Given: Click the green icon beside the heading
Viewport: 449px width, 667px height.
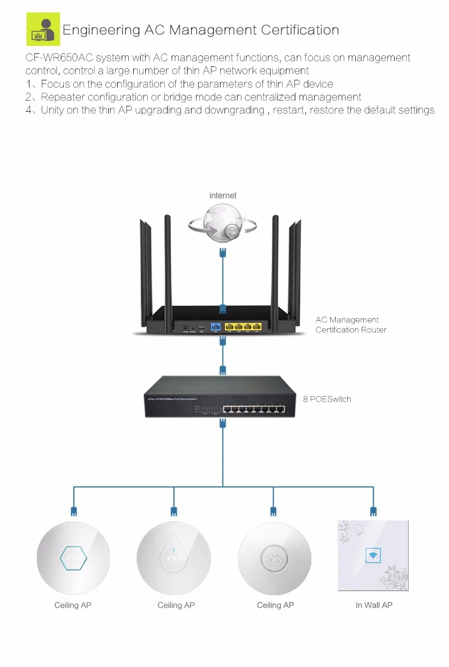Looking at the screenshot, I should (x=43, y=29).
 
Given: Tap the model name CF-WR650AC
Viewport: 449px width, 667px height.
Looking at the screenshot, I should (x=59, y=58).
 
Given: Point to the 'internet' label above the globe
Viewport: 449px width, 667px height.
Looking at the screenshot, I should (x=223, y=196).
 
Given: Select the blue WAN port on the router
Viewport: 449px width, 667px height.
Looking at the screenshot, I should (x=216, y=327).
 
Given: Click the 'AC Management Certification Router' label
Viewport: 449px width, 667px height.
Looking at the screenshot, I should (x=351, y=325).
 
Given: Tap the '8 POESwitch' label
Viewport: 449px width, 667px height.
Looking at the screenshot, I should (x=327, y=399).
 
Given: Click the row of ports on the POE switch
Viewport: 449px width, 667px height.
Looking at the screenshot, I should (x=254, y=409).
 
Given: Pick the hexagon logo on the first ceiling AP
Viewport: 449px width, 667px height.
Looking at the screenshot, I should (x=73, y=558).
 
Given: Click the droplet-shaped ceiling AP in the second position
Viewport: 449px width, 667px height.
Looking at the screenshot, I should (x=174, y=558).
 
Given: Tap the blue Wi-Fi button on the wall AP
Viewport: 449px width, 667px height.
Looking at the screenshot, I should (x=373, y=555).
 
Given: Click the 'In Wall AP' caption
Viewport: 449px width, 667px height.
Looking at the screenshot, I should (x=374, y=605).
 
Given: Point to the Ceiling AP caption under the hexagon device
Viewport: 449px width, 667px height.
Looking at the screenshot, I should (x=73, y=605).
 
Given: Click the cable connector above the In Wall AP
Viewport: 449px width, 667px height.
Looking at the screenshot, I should (x=373, y=511).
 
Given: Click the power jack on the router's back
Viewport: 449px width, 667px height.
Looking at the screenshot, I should (x=186, y=327).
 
